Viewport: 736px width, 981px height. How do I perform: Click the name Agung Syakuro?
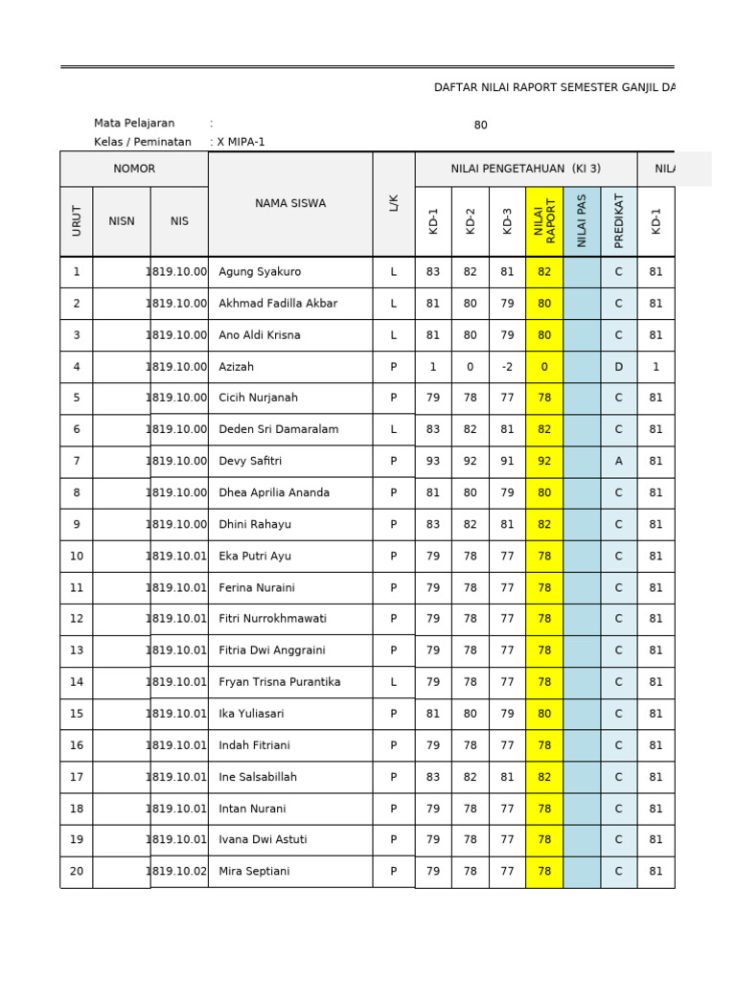point(260,272)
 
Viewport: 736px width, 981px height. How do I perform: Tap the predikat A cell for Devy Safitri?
point(618,461)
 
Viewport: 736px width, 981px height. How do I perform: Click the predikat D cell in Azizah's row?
point(618,367)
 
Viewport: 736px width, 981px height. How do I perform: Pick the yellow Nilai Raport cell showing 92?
point(544,461)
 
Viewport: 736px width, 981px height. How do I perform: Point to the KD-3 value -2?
point(507,367)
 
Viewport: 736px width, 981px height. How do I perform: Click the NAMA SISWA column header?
point(290,203)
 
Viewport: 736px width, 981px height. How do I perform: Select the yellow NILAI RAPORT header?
point(544,221)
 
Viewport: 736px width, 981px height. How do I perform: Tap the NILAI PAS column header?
point(582,221)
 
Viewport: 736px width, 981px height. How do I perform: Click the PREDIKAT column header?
point(618,221)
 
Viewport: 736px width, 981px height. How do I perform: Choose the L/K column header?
point(394,203)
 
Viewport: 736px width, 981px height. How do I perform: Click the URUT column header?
point(77,221)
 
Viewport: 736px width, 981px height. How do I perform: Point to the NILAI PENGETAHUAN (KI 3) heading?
point(525,169)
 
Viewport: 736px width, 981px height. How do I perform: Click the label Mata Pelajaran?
point(134,124)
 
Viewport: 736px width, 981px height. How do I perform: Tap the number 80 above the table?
point(480,125)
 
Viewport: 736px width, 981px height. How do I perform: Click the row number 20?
point(77,871)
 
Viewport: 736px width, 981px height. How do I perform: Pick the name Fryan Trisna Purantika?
point(279,682)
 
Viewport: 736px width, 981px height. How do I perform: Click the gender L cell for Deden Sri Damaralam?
point(394,429)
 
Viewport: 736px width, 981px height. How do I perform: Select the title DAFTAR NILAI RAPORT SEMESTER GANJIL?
point(554,87)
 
